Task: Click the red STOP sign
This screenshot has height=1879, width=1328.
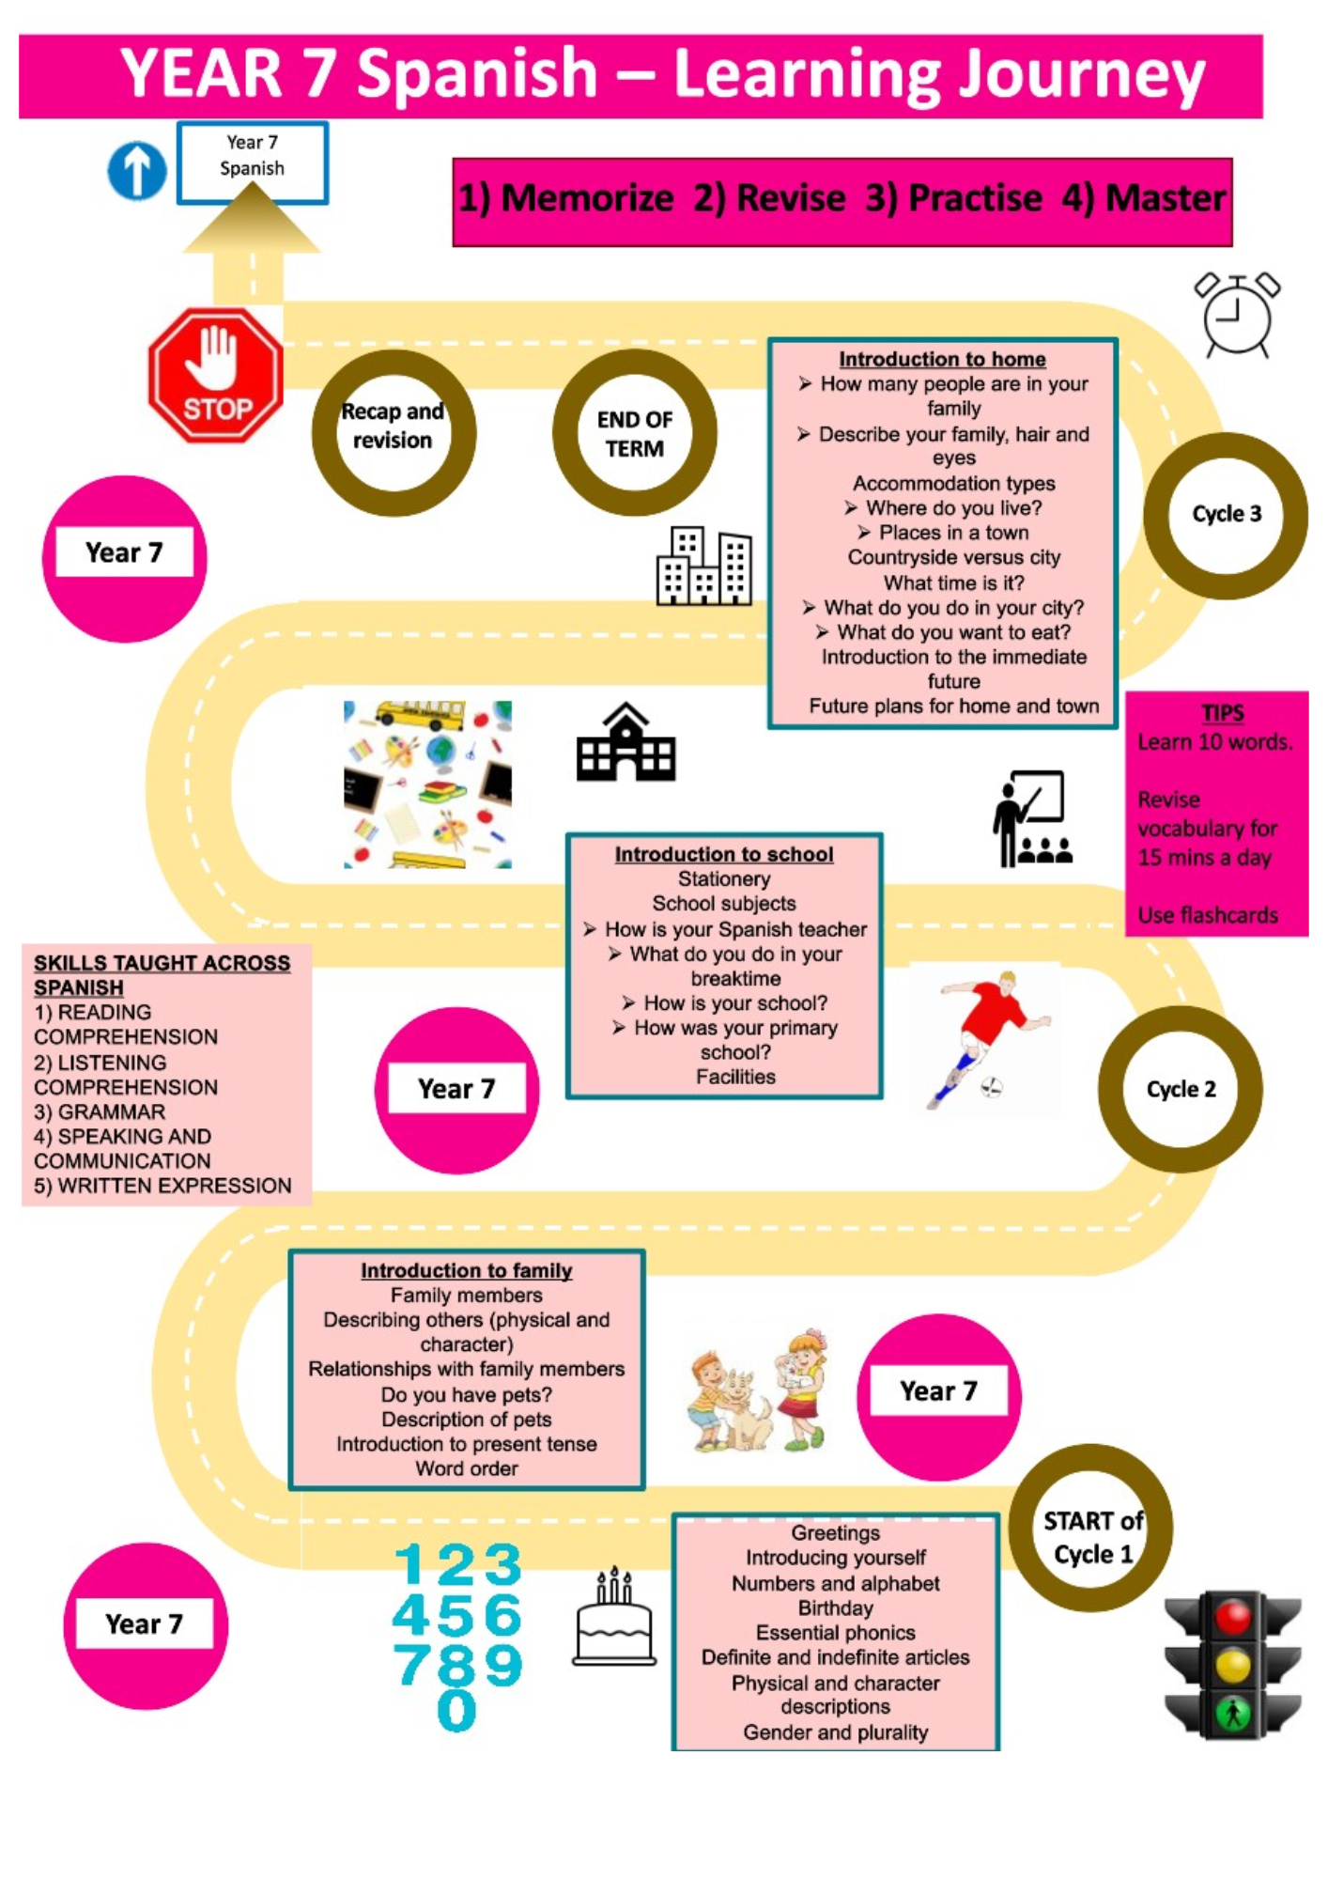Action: (x=215, y=375)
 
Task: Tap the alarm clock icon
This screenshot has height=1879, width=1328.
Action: (x=1238, y=315)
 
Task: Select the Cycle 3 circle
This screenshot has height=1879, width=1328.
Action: (x=1226, y=516)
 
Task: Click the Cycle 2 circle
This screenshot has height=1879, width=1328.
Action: (x=1181, y=1089)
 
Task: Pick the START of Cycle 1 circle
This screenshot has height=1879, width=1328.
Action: (x=1090, y=1528)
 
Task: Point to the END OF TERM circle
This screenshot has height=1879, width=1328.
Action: (x=635, y=433)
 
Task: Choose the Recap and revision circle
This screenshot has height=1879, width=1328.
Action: (x=394, y=433)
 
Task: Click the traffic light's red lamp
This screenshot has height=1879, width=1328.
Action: (x=1233, y=1618)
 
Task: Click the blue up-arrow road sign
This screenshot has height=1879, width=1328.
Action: (x=137, y=171)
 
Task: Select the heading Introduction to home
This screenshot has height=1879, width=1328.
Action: (x=942, y=359)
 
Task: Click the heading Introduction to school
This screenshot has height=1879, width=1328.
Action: (x=724, y=854)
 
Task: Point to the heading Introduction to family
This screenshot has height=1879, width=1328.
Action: (x=467, y=1270)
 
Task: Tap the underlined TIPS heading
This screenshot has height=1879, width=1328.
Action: (x=1223, y=713)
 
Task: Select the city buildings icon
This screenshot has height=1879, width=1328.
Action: (x=704, y=566)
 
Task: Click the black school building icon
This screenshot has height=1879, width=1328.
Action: (x=625, y=742)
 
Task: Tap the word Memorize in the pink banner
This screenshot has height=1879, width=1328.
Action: (x=587, y=198)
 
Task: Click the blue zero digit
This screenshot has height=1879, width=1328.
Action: (x=457, y=1709)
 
